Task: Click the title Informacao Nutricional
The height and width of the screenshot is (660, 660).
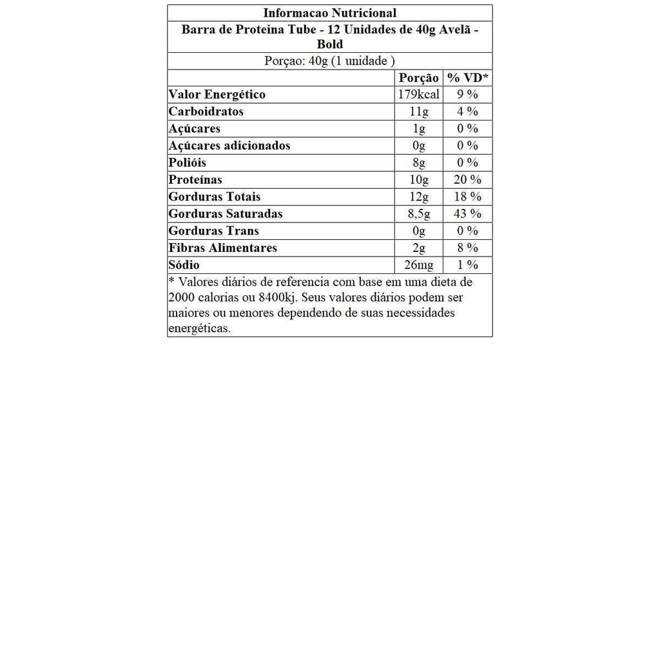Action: click(x=329, y=13)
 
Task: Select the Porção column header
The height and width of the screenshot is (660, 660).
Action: click(x=418, y=78)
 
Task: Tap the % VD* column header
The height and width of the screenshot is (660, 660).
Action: click(x=468, y=78)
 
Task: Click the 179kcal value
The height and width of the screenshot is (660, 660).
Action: click(x=418, y=95)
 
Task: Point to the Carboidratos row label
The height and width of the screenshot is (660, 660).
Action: click(x=206, y=112)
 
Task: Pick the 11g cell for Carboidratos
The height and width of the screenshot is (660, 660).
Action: click(x=418, y=112)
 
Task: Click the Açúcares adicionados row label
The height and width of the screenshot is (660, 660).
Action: click(x=229, y=146)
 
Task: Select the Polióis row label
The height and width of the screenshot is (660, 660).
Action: click(x=187, y=162)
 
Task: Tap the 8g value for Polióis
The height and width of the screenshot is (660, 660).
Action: click(x=418, y=162)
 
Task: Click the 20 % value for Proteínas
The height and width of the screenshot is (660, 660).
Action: click(x=468, y=180)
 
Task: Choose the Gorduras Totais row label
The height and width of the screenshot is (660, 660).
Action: click(x=214, y=197)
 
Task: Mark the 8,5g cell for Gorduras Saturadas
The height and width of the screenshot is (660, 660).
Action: click(x=418, y=214)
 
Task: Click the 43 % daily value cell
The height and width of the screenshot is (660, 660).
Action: click(x=468, y=214)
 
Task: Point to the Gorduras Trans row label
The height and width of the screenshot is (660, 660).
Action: click(x=213, y=231)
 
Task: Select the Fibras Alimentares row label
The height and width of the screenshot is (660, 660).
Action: click(x=222, y=248)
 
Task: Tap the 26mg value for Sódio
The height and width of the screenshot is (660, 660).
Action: click(x=418, y=265)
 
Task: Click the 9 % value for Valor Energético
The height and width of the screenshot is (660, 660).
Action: click(x=468, y=95)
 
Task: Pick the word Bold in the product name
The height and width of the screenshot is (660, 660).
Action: click(x=329, y=44)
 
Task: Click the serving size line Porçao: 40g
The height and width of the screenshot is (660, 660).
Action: click(x=329, y=61)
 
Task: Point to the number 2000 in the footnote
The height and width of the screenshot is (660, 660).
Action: click(x=182, y=298)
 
